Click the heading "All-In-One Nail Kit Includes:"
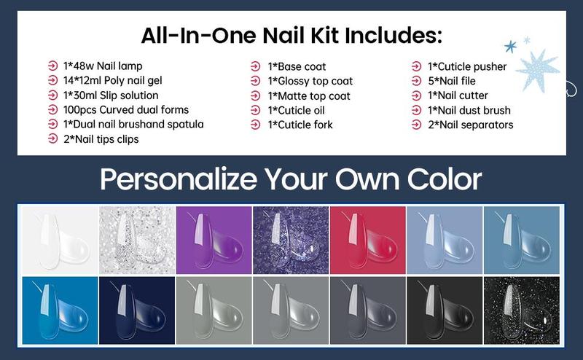point(291,34)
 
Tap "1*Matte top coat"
point(309,95)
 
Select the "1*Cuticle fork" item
point(300,125)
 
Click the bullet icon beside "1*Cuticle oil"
point(255,110)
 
